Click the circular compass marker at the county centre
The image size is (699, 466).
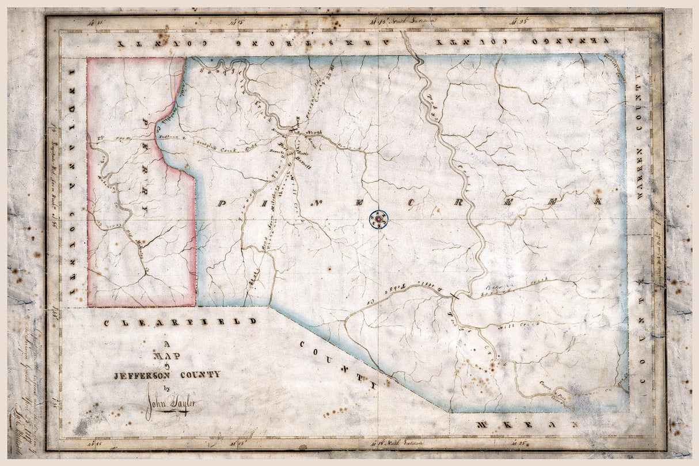click(x=379, y=219)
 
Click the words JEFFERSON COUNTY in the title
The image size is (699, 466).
click(x=166, y=374)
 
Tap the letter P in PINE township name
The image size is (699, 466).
click(x=222, y=203)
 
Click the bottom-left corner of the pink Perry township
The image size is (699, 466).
click(x=89, y=306)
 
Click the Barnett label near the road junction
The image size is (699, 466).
click(x=304, y=166)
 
